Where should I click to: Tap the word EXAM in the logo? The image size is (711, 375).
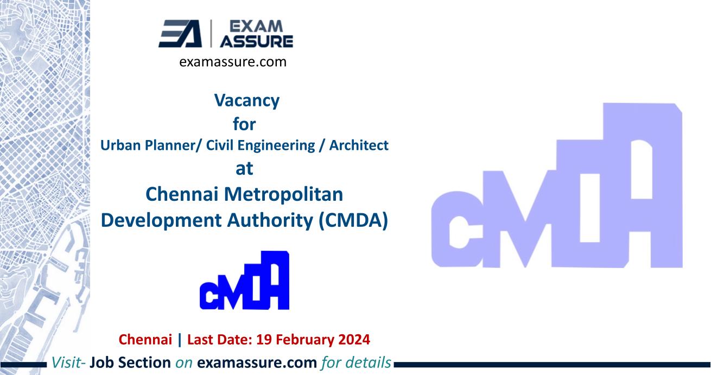pos(265,27)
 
